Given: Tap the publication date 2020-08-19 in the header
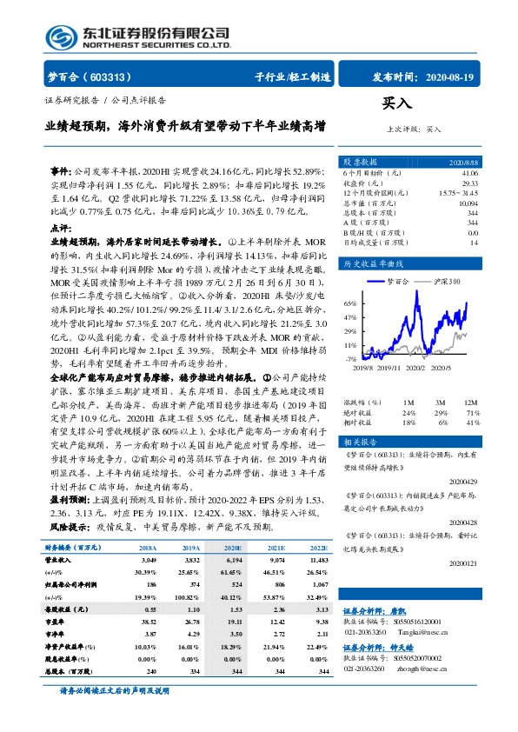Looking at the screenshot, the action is click(452, 77).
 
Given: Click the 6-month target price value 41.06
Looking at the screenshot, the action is click(468, 174).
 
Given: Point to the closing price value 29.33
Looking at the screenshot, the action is click(469, 183).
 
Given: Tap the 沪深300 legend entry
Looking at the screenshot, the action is click(445, 283).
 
